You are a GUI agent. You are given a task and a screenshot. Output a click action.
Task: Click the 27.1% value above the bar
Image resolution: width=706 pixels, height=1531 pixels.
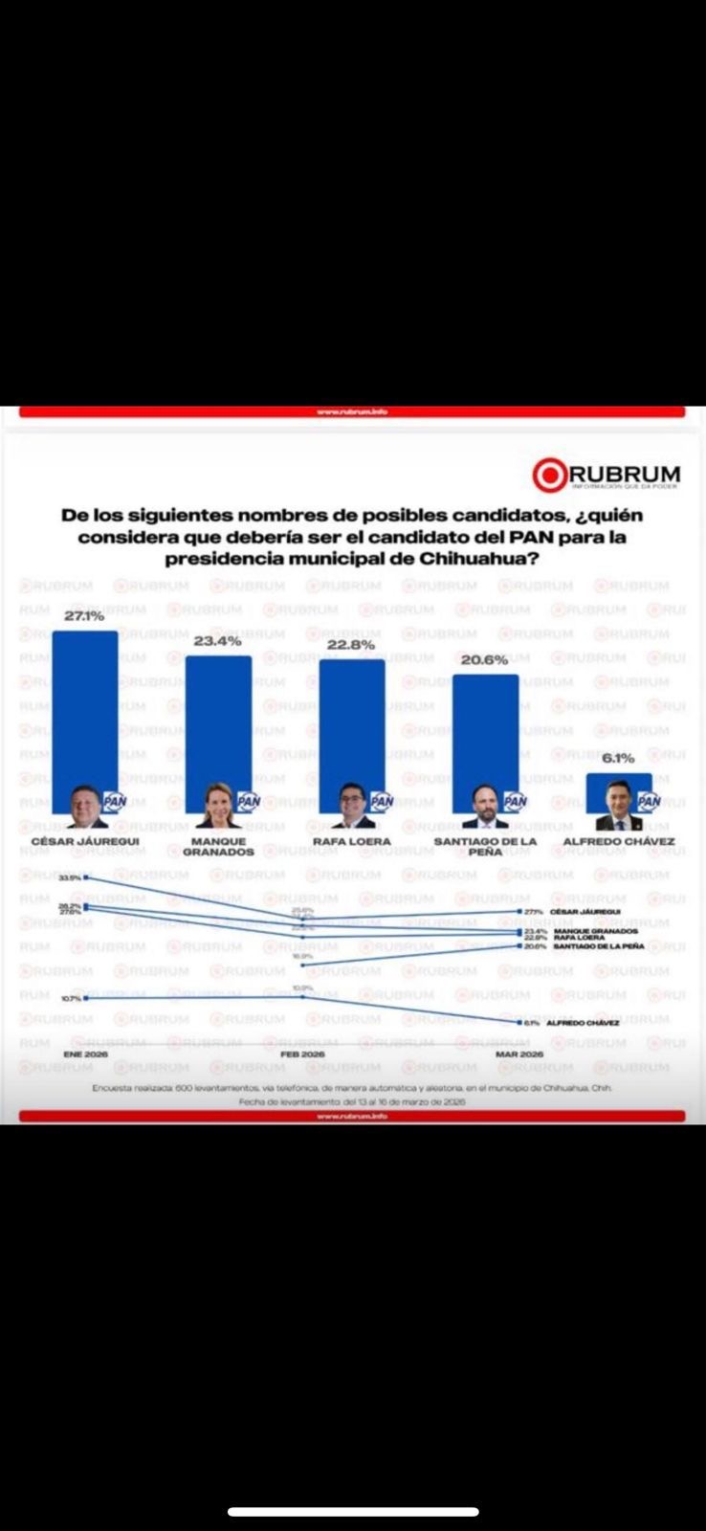[x=84, y=616]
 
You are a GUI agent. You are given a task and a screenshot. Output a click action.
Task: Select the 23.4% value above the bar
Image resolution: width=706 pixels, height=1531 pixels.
[x=217, y=641]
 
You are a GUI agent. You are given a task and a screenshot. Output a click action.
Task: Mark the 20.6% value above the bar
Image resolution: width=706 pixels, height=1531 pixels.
[x=484, y=660]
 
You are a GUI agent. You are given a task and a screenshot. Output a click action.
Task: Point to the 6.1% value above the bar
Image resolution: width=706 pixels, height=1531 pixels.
[x=618, y=758]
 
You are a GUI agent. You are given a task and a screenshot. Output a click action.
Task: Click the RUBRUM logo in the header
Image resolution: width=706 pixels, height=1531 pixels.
[x=607, y=475]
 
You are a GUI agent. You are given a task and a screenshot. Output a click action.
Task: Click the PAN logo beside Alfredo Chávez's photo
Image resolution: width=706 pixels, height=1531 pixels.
[x=649, y=802]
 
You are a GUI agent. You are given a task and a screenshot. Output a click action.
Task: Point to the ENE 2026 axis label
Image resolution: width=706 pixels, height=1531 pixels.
[x=85, y=1054]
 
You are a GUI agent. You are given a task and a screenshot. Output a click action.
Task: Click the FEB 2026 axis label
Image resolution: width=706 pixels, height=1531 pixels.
[x=302, y=1054]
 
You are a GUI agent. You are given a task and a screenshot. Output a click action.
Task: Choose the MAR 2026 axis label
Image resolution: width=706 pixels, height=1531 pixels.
[x=519, y=1054]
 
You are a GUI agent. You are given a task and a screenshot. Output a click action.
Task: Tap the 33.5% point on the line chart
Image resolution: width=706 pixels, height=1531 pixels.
[x=86, y=876]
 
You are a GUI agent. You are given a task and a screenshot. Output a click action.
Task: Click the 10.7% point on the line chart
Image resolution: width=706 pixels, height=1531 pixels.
[x=86, y=998]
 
